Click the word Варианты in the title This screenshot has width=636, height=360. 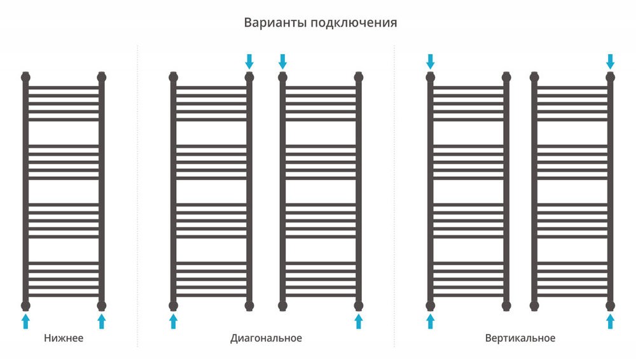click(275, 22)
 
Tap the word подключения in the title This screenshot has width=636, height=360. click(354, 23)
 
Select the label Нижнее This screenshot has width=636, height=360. click(64, 338)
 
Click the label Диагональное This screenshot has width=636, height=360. click(266, 338)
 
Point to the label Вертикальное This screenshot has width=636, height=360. click(520, 338)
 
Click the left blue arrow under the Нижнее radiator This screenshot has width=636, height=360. click(25, 321)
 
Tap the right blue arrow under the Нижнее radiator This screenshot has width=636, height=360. click(102, 321)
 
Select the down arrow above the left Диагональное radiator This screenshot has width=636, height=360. click(249, 62)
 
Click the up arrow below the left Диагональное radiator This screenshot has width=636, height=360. click(173, 321)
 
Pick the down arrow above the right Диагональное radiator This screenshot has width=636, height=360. click(283, 62)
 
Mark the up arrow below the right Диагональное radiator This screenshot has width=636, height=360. click(359, 321)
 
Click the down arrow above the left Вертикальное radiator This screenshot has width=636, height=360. click(431, 62)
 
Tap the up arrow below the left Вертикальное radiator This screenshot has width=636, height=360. click(431, 321)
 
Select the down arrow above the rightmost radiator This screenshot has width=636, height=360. click(610, 62)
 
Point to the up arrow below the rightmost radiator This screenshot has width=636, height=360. click(610, 321)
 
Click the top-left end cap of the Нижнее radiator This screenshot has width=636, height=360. click(25, 77)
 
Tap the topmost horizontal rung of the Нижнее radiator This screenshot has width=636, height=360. click(64, 87)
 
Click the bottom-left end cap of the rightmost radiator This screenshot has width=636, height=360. click(534, 305)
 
